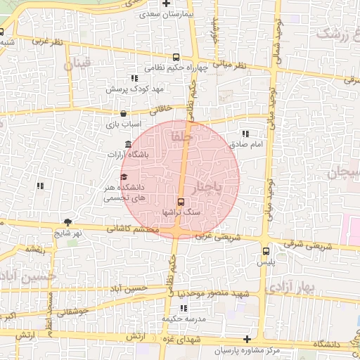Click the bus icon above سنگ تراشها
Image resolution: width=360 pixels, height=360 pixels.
click(181, 202)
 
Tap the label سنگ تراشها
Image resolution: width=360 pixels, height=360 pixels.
click(181, 212)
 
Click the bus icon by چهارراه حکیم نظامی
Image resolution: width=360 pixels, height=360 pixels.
click(175, 58)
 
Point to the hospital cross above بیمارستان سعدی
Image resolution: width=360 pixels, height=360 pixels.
click(166, 4)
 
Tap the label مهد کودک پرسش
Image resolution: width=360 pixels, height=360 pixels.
click(134, 89)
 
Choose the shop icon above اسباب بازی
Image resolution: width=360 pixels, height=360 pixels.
click(124, 113)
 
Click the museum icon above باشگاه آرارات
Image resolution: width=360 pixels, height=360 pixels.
click(127, 144)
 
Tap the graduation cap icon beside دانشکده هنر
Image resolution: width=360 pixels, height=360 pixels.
click(124, 176)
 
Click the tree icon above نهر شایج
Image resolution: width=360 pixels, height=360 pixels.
click(67, 221)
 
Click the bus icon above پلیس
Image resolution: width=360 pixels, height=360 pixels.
click(266, 251)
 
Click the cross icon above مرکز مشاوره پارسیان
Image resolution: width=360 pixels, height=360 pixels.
click(246, 340)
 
